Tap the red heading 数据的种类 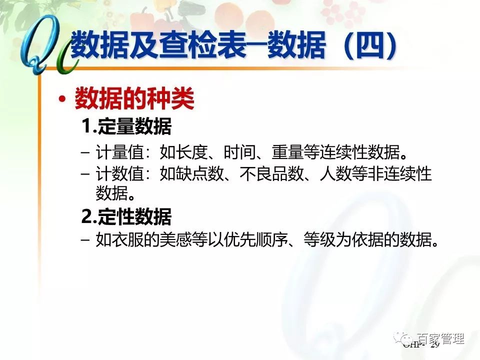click(134, 99)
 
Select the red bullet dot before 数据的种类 click(62, 100)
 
